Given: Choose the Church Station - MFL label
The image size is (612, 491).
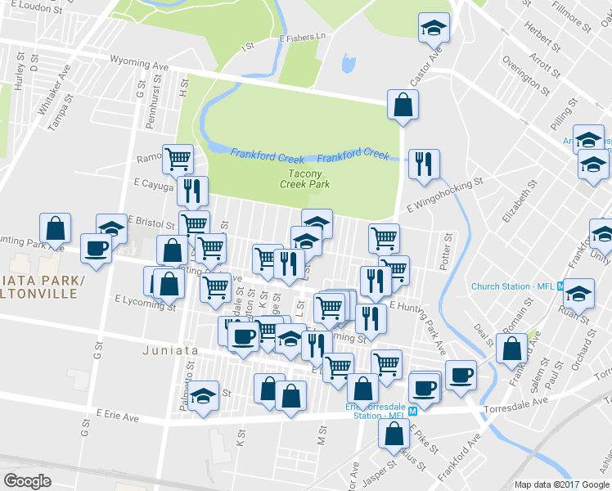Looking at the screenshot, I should [513, 286].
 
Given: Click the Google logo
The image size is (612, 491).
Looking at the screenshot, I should [27, 481].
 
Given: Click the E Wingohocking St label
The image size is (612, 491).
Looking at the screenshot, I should [444, 196].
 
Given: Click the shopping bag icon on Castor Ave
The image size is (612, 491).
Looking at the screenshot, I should [403, 105].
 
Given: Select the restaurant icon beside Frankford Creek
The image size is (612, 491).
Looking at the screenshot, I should [424, 164].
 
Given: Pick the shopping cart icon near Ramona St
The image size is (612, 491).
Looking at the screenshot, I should [177, 157].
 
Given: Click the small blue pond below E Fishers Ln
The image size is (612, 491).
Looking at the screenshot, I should [349, 63].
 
